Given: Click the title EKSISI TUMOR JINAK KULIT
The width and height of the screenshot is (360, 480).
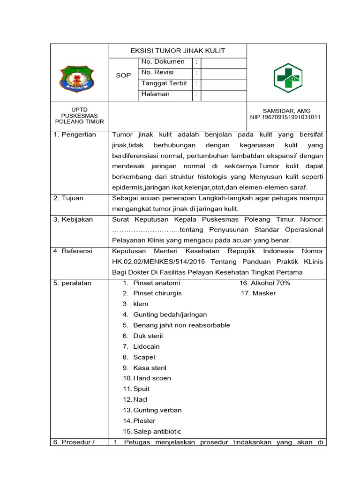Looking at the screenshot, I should tap(178, 51).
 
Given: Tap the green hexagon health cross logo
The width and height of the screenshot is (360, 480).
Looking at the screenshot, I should tap(288, 78).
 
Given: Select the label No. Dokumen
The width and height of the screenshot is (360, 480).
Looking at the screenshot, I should tap(163, 62).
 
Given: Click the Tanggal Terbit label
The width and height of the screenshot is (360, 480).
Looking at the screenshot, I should tap(164, 83).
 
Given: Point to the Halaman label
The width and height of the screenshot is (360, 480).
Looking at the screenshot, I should tap(156, 94).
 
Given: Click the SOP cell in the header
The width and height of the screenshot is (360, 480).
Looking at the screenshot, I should tap(123, 75).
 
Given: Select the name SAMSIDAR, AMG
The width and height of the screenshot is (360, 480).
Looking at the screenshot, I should tap(286, 111).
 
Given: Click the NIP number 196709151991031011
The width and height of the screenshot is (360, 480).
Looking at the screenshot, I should tap(285, 117).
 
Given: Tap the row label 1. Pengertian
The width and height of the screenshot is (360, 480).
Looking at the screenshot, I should tap(75, 135).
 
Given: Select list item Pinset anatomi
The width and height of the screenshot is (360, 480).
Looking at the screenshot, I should tap(157, 283).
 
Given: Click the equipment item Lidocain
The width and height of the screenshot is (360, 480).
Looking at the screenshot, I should tap(146, 347).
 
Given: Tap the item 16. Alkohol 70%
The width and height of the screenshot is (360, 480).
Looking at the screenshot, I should tap(265, 283).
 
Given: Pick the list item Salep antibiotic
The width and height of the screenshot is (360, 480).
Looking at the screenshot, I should tap(157, 432).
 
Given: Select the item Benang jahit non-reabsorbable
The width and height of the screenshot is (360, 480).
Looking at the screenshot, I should tap(181, 325).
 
